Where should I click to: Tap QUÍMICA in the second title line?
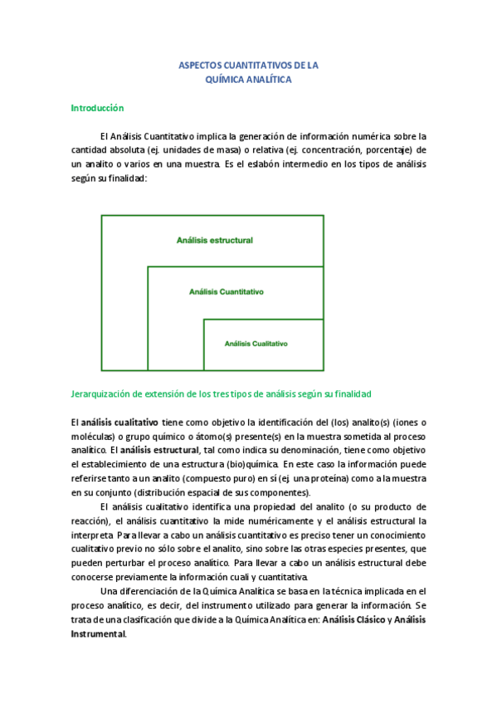pyautogui.click(x=226, y=81)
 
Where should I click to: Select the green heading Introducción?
pyautogui.click(x=97, y=108)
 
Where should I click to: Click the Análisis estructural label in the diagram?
pyautogui.click(x=214, y=241)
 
